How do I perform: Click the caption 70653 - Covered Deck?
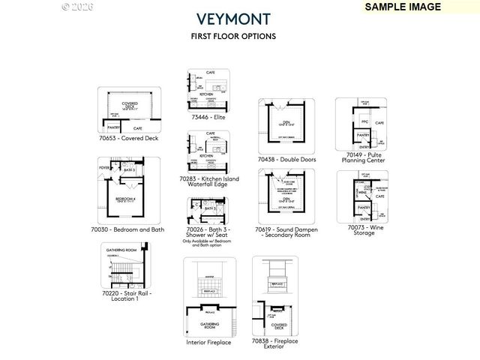[128, 138]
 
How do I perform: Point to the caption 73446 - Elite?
[208, 118]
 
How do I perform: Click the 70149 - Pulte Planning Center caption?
[364, 156]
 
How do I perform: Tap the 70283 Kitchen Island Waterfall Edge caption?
[208, 182]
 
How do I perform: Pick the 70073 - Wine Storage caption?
[364, 229]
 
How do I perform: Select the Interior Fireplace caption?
[208, 342]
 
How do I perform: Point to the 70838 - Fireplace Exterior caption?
[274, 343]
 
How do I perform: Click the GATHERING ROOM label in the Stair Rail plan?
[121, 249]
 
